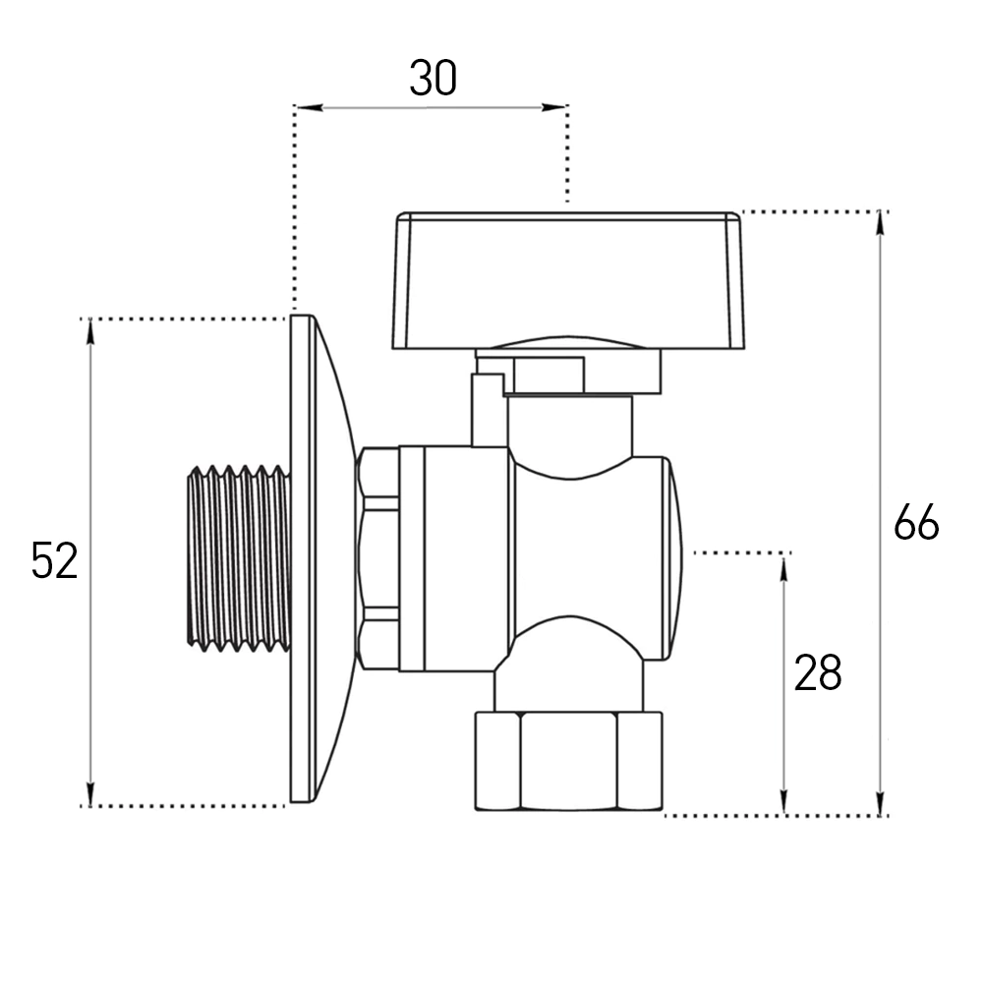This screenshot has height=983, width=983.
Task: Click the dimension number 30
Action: pyautogui.click(x=433, y=79)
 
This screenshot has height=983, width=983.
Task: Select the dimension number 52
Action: pyautogui.click(x=54, y=560)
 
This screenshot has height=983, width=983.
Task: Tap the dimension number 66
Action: pyautogui.click(x=916, y=522)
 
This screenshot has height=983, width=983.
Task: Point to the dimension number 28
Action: pyautogui.click(x=818, y=672)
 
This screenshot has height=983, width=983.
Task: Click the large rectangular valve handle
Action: pyautogui.click(x=568, y=280)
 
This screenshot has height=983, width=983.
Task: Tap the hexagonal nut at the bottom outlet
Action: pyautogui.click(x=568, y=761)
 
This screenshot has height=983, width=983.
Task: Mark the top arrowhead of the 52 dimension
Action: pyautogui.click(x=90, y=331)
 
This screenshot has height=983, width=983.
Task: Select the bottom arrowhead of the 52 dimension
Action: pyautogui.click(x=90, y=793)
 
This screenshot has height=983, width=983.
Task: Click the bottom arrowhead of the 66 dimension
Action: pyautogui.click(x=882, y=803)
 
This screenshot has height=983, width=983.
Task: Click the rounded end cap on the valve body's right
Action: pyautogui.click(x=673, y=558)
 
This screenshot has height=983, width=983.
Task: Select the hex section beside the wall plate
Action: pyautogui.click(x=377, y=558)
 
